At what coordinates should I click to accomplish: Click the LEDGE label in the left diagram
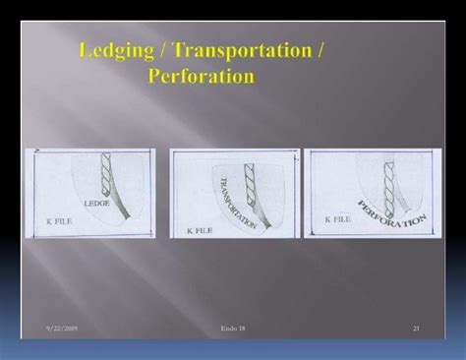(98, 204)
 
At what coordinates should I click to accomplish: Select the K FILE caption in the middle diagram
(198, 227)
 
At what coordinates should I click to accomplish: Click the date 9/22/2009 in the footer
(61, 326)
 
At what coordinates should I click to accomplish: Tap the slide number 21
(416, 326)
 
